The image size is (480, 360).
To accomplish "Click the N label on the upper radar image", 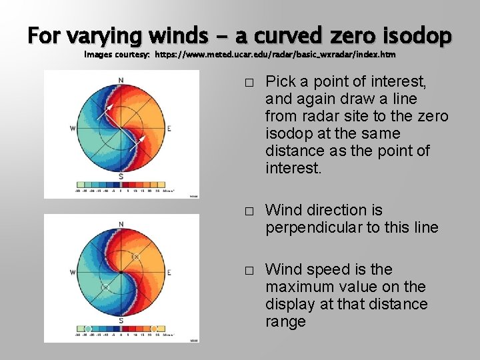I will (121, 81).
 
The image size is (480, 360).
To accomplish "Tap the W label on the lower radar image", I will (72, 272).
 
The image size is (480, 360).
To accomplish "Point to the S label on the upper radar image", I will (121, 176).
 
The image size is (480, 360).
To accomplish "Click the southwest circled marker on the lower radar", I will (105, 287).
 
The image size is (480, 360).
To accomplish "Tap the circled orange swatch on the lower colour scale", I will (154, 329).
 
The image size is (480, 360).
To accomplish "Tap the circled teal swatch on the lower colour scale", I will (87, 329).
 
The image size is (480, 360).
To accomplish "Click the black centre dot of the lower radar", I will (121, 272).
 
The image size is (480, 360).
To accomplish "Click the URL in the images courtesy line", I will (275, 54).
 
